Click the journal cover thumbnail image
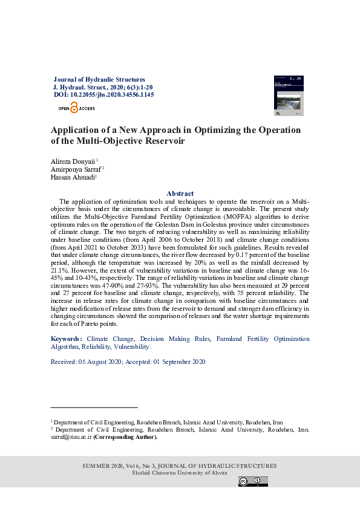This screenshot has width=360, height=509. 288,95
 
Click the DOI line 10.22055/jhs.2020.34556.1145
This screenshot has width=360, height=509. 103,95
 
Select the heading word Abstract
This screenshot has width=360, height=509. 180,193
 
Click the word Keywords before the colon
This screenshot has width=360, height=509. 65,339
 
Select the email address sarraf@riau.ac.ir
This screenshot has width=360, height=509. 70,437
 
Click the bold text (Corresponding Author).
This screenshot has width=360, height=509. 125,437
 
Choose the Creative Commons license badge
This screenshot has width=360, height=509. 253,481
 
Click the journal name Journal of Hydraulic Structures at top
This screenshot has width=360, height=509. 99,79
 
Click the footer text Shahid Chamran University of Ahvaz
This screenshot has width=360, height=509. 180,473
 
